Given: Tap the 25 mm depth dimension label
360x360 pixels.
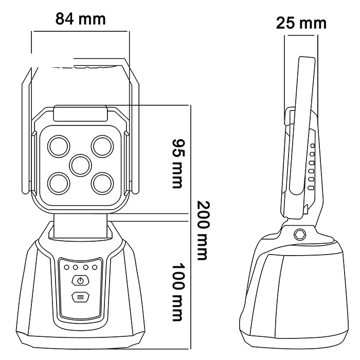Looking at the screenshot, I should [x=301, y=23].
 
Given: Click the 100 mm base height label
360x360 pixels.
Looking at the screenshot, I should [x=177, y=292].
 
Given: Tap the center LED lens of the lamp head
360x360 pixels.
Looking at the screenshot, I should [x=80, y=165].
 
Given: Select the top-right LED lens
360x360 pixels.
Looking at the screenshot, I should [x=102, y=146].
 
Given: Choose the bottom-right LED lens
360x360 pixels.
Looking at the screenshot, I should [x=102, y=183].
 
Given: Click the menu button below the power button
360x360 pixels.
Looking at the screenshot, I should [x=79, y=297].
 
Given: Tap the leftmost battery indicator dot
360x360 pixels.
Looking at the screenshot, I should [x=66, y=267].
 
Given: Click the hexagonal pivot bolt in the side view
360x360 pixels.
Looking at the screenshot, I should [x=298, y=233].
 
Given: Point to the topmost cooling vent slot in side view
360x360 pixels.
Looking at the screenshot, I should [x=312, y=147].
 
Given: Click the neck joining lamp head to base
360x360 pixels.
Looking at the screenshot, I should [x=80, y=229].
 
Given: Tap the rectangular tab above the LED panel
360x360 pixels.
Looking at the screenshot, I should [x=80, y=113].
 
